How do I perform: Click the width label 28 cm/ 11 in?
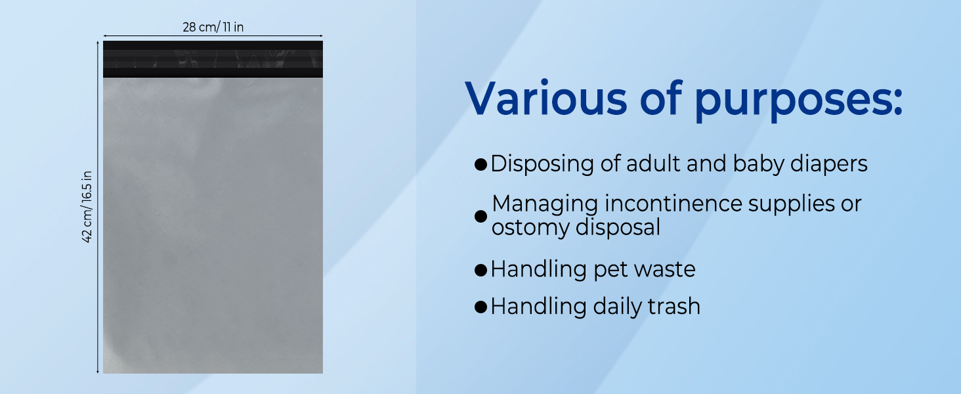213,27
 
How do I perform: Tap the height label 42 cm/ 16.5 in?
87,207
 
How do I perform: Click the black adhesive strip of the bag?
213,59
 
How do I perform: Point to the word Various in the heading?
546,98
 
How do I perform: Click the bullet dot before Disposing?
481,164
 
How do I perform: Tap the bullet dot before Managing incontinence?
481,216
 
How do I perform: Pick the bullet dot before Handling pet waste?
481,270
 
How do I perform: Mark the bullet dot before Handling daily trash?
481,307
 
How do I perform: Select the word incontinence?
673,204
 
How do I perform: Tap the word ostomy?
530,228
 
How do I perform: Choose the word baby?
759,164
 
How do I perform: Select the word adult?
653,164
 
